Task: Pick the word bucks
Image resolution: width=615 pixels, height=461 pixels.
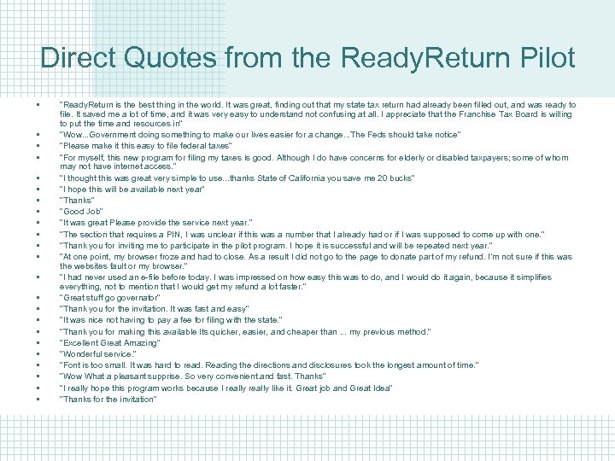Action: point(399,178)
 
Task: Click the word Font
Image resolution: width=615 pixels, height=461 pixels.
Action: point(70,365)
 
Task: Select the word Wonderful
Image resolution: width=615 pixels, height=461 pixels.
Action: point(81,354)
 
